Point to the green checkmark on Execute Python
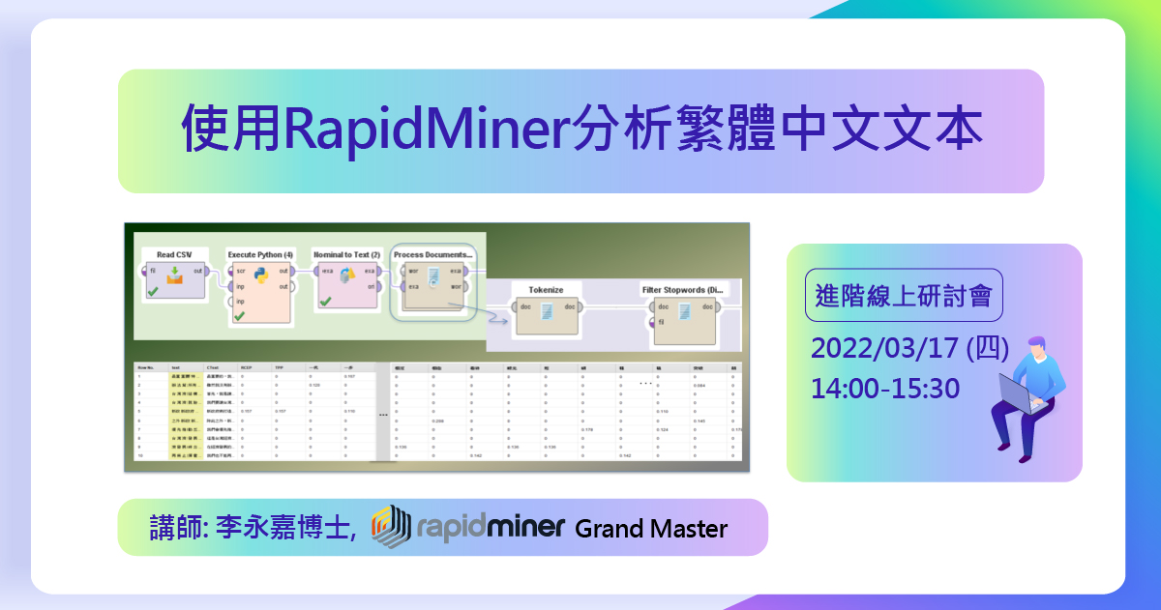(239, 315)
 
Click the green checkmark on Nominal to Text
(325, 302)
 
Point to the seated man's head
(1035, 347)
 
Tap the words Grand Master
(650, 529)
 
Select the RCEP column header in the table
(247, 367)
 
